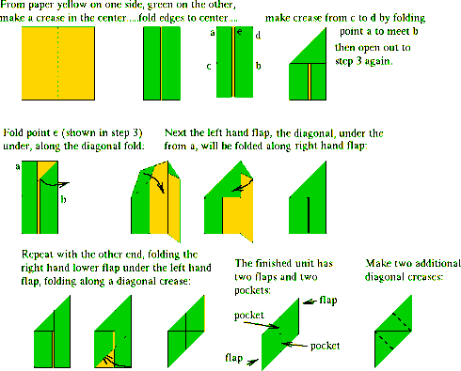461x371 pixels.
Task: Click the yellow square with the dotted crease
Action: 58,63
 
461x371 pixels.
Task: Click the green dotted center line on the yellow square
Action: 58,63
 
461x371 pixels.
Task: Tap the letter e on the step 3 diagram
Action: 240,32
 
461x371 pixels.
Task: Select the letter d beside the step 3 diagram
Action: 258,35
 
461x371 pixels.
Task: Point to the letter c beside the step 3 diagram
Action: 209,67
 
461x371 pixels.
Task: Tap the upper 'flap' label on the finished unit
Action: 328,301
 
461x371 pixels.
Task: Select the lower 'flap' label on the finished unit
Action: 234,358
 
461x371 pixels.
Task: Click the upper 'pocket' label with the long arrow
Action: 249,315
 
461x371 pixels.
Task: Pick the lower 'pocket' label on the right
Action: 325,346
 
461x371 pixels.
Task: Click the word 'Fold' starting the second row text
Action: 13,132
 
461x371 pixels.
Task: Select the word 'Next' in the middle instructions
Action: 175,132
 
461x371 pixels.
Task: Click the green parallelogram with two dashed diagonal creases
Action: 393,332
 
